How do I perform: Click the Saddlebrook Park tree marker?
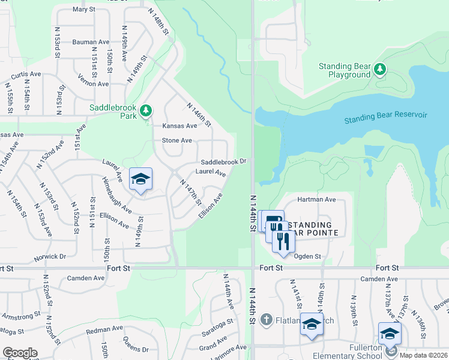[145, 110]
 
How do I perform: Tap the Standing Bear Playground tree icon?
[379, 70]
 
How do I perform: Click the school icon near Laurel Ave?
[140, 179]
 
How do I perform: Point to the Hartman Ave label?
[316, 199]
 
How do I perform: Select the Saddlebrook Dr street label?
[223, 162]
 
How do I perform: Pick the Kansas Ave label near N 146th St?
[179, 126]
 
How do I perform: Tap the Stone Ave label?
[177, 140]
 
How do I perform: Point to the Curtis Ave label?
[26, 74]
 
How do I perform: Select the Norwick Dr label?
[50, 256]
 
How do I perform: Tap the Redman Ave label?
[103, 330]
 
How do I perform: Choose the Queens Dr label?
[136, 345]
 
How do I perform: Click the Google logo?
[20, 353]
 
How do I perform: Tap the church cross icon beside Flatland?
[267, 319]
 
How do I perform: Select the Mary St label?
[83, 10]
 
